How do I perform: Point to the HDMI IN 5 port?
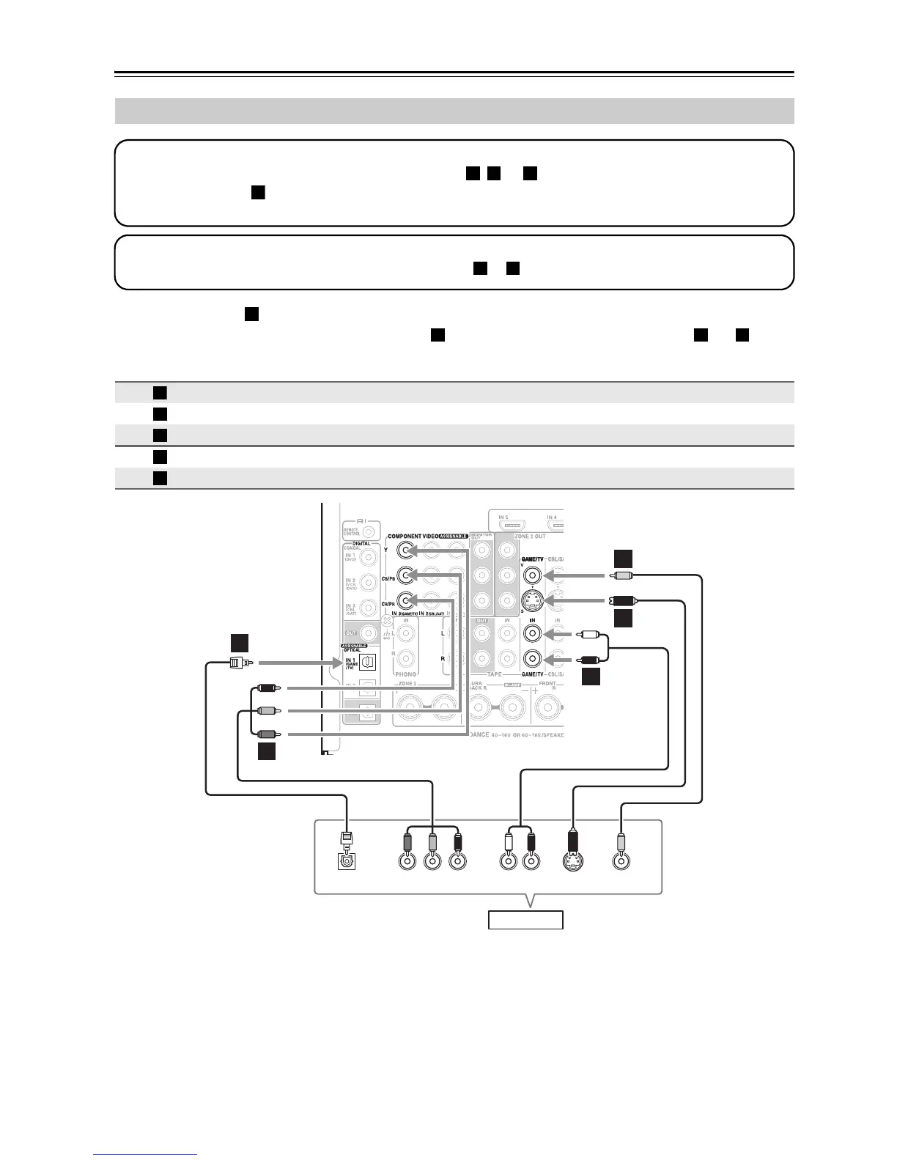coord(512,526)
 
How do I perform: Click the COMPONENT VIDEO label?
coord(413,537)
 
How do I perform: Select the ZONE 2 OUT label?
coord(531,537)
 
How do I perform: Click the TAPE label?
coord(495,674)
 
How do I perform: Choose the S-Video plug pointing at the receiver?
coord(622,600)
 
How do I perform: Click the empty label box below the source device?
coord(525,919)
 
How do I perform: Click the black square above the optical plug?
coord(240,643)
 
